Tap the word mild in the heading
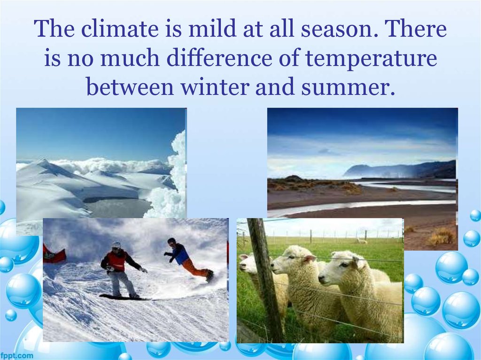[212, 28]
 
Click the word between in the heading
[130, 87]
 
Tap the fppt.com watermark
[16, 355]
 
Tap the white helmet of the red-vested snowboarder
[116, 245]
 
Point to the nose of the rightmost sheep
[321, 279]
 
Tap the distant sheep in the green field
[361, 241]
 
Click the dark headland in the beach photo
[399, 170]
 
